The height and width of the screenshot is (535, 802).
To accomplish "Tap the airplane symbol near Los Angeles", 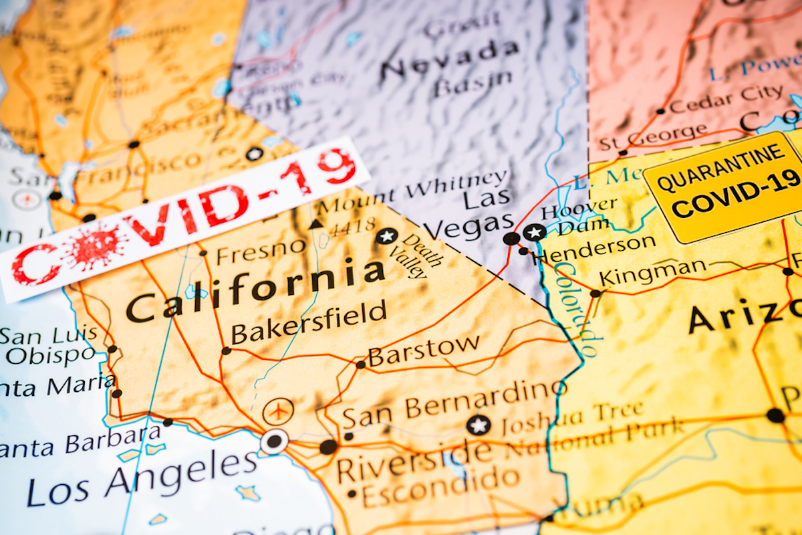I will pos(278,411).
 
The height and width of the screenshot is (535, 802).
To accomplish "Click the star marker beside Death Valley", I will pos(386,236).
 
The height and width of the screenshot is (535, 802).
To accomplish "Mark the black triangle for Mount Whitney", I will pos(316,224).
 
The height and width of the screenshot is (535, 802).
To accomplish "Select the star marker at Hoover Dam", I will pos(534,233).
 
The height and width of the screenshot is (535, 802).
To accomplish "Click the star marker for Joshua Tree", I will pos(478,425).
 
